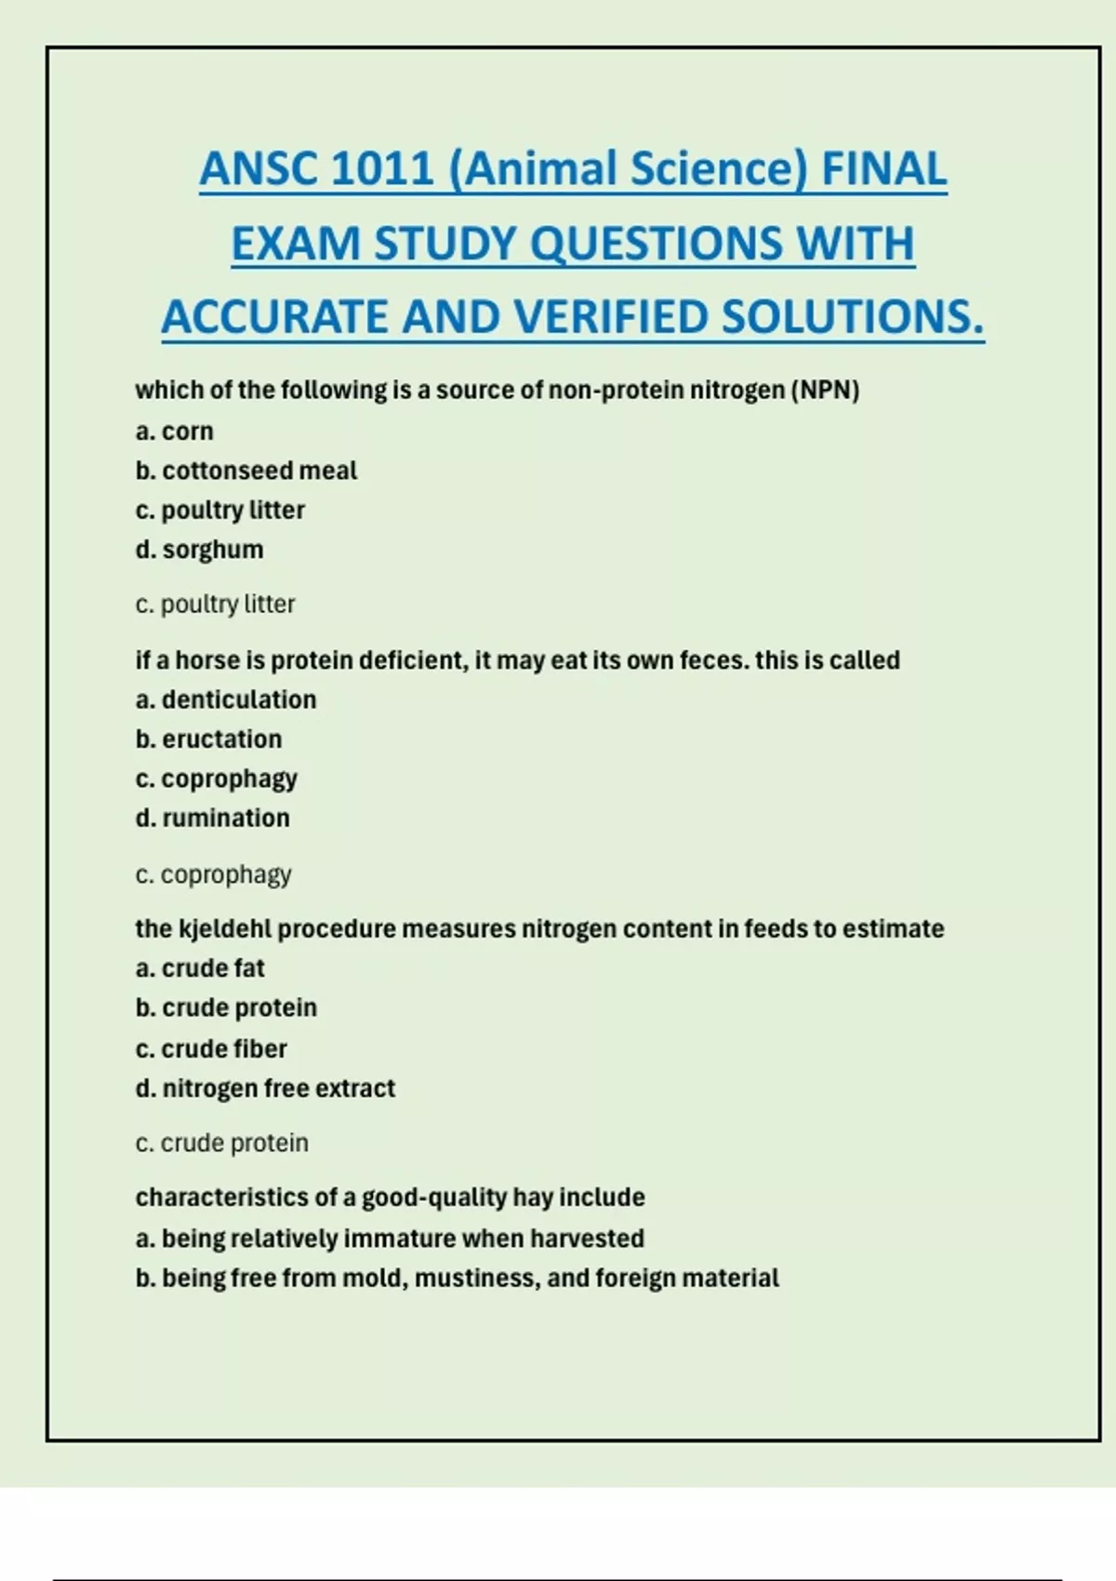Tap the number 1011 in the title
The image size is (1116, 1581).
pyautogui.click(x=381, y=169)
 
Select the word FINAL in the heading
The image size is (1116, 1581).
pyautogui.click(x=883, y=169)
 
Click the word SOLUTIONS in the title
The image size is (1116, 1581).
pyautogui.click(x=851, y=317)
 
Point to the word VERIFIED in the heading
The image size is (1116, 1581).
pyautogui.click(x=612, y=317)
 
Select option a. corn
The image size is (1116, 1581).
pyautogui.click(x=174, y=432)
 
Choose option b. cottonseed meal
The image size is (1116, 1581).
pyautogui.click(x=246, y=471)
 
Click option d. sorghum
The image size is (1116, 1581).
pyautogui.click(x=199, y=550)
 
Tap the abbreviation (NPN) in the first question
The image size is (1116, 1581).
pyautogui.click(x=825, y=390)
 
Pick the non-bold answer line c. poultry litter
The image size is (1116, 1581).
pyautogui.click(x=215, y=604)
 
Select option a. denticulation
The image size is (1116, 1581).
pyautogui.click(x=225, y=699)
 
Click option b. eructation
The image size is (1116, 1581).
pyautogui.click(x=208, y=739)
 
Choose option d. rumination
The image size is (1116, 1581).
pyautogui.click(x=212, y=818)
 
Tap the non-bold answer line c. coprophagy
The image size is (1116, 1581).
pyautogui.click(x=213, y=875)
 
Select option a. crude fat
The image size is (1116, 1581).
pyautogui.click(x=200, y=968)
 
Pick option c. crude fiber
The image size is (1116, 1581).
pyautogui.click(x=211, y=1049)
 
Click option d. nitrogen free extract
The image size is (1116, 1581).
pyautogui.click(x=265, y=1088)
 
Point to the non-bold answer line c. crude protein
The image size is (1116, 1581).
pyautogui.click(x=221, y=1143)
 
